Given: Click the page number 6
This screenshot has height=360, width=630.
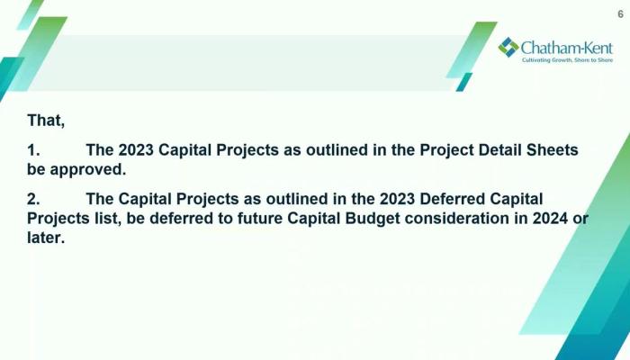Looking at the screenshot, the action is point(620,14).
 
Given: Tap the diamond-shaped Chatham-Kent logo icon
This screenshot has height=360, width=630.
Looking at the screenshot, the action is point(508,47).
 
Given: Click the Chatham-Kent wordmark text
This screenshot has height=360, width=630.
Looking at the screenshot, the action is point(567,49).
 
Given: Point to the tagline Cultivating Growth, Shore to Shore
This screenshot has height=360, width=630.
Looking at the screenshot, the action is point(567,60).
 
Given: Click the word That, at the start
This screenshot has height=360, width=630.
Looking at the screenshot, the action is point(46,121).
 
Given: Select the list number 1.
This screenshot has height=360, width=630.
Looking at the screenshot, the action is point(33,150).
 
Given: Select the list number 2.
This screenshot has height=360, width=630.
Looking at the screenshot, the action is point(33,199).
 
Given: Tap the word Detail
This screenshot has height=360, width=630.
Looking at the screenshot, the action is point(499,150).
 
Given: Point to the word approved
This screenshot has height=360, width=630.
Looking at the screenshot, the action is point(88,170).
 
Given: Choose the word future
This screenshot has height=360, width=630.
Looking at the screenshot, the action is point(259,219).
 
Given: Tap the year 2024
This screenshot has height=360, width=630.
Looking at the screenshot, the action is point(550,219).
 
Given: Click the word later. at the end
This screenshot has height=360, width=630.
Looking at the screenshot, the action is point(46,238).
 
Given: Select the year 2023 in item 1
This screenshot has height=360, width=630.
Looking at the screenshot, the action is point(136,150).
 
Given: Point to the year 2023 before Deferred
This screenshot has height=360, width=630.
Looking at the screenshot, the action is point(397,199).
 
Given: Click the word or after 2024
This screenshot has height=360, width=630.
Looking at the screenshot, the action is point(580,220).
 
